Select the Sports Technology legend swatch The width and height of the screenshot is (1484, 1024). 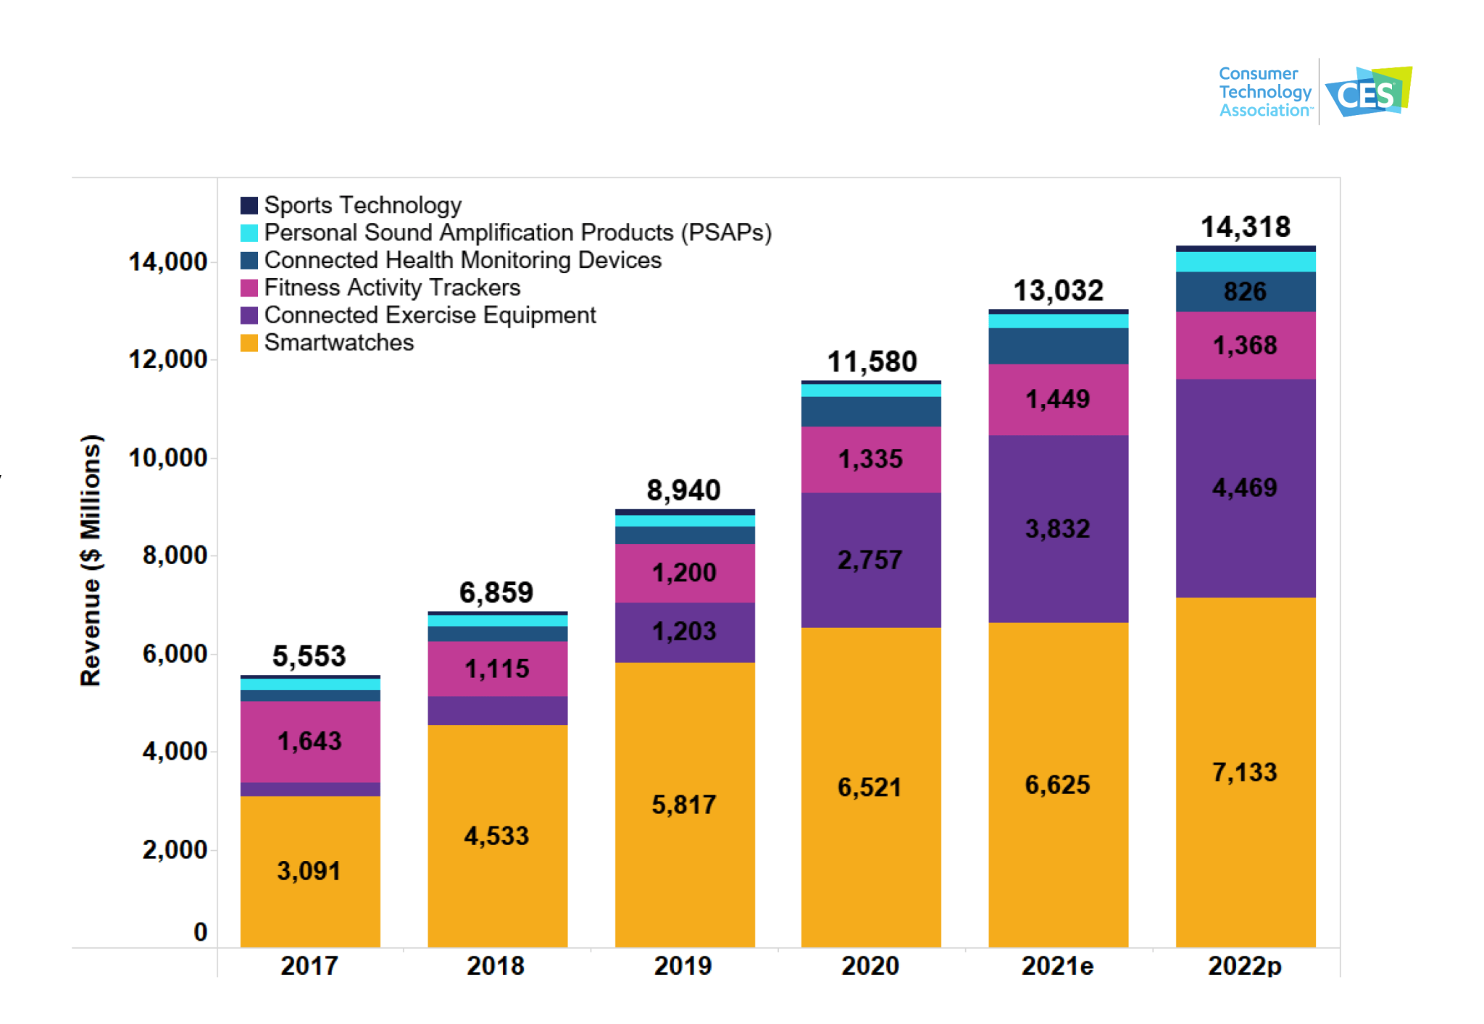[249, 206]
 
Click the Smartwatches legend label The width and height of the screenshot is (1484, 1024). [338, 343]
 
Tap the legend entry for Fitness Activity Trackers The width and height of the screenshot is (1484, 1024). [391, 288]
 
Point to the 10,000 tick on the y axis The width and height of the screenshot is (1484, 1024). [167, 458]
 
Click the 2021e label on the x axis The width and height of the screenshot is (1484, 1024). [1057, 966]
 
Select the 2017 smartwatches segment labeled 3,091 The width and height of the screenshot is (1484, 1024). [309, 870]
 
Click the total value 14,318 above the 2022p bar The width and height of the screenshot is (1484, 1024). [1246, 227]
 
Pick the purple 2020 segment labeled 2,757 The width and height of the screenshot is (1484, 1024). [870, 560]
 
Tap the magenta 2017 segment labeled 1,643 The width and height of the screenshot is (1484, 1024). [309, 741]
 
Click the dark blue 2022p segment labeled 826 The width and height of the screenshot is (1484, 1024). [1245, 292]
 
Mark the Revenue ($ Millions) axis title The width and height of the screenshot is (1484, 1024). [91, 560]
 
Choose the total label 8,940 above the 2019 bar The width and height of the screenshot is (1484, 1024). [683, 490]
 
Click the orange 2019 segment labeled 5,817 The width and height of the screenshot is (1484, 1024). [684, 805]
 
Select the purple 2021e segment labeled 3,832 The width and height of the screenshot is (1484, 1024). [1058, 529]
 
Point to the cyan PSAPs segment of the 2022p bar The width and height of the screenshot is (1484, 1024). [1245, 261]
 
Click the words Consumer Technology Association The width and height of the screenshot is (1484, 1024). [1264, 92]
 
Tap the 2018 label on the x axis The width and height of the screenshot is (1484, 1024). [496, 966]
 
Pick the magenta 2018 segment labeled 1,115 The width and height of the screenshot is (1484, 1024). [497, 668]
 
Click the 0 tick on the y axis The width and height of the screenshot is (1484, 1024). [201, 932]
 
